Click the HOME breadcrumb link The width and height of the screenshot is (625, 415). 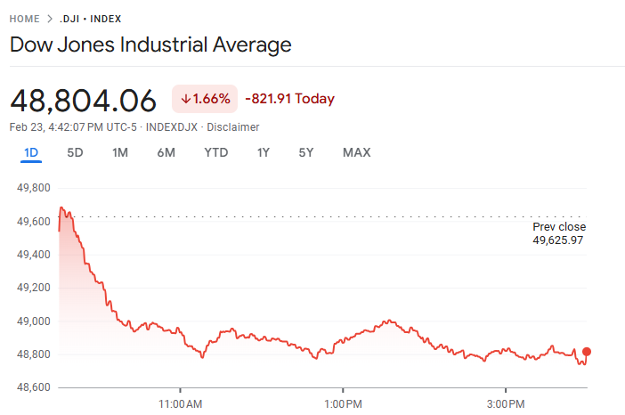[25, 19]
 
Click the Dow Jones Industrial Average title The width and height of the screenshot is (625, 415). [150, 45]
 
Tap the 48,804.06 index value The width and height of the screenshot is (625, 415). [83, 100]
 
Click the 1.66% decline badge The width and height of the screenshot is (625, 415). [205, 99]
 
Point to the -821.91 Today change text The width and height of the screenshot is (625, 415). [289, 99]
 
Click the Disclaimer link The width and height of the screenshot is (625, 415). [233, 127]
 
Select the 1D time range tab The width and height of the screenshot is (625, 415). [31, 152]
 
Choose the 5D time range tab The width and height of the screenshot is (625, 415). [76, 152]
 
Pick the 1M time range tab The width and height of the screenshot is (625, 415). [120, 152]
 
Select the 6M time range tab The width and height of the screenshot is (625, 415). [166, 152]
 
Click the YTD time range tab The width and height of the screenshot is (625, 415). [216, 152]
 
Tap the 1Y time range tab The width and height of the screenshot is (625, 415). [264, 152]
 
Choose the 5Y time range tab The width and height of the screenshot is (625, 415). [306, 152]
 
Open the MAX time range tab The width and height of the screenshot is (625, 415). [357, 152]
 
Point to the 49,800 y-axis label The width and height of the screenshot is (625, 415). [33, 188]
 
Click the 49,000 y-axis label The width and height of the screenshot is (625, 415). [33, 321]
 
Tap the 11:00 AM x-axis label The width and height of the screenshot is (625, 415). [181, 403]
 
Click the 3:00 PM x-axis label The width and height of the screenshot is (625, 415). [506, 403]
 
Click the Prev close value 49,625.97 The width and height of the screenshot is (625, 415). [558, 240]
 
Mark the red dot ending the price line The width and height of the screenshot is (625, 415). [586, 352]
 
